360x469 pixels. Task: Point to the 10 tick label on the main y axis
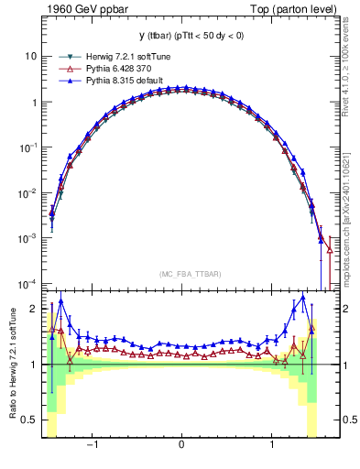point(31,56)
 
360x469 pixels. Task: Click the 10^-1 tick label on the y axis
point(28,147)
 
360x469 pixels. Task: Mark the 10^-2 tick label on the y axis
point(28,192)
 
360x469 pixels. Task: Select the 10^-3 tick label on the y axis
point(28,237)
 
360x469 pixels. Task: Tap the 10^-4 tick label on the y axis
point(28,283)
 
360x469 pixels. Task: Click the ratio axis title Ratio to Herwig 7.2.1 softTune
point(13,363)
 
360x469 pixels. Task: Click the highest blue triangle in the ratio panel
point(303,298)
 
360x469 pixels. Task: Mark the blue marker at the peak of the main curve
point(182,88)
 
